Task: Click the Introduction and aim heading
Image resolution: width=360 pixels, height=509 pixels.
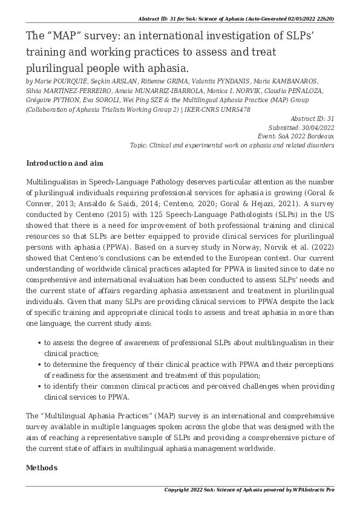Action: tap(65, 163)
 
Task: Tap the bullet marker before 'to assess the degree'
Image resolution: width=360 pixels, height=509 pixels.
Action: tap(39, 343)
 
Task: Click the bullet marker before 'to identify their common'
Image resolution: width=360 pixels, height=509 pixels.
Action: tap(39, 386)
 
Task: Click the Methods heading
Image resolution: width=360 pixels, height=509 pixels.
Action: tap(42, 468)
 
